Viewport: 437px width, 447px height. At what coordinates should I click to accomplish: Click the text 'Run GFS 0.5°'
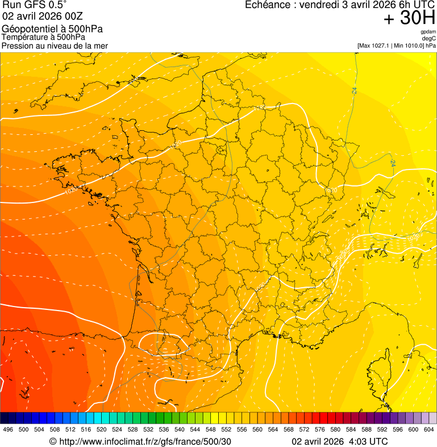coord(35,5)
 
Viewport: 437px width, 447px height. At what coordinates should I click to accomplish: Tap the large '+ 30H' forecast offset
coord(409,18)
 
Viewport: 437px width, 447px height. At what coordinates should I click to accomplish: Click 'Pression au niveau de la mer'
coord(55,45)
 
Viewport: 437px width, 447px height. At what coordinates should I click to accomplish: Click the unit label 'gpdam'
coord(428,32)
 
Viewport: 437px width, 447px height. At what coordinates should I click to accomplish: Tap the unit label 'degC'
coord(429,38)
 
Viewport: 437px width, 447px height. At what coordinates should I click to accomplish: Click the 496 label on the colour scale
coord(8,430)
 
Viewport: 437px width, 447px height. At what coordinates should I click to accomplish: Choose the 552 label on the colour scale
coord(226,430)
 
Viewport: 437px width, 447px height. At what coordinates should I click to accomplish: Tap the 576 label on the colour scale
coord(319,430)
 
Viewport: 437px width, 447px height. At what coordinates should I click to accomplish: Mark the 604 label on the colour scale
coord(429,430)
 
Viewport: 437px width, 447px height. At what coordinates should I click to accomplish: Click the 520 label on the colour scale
coord(101,430)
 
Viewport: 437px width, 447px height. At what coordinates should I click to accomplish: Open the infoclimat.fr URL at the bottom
coord(145,441)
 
